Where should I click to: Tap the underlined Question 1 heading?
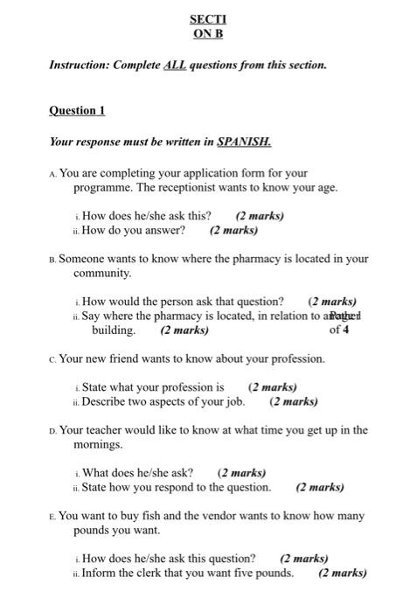click(77, 110)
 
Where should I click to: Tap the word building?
click(114, 330)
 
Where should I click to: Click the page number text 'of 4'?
click(339, 330)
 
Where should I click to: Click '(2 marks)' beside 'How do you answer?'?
click(234, 231)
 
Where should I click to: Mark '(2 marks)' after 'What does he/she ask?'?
click(241, 473)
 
